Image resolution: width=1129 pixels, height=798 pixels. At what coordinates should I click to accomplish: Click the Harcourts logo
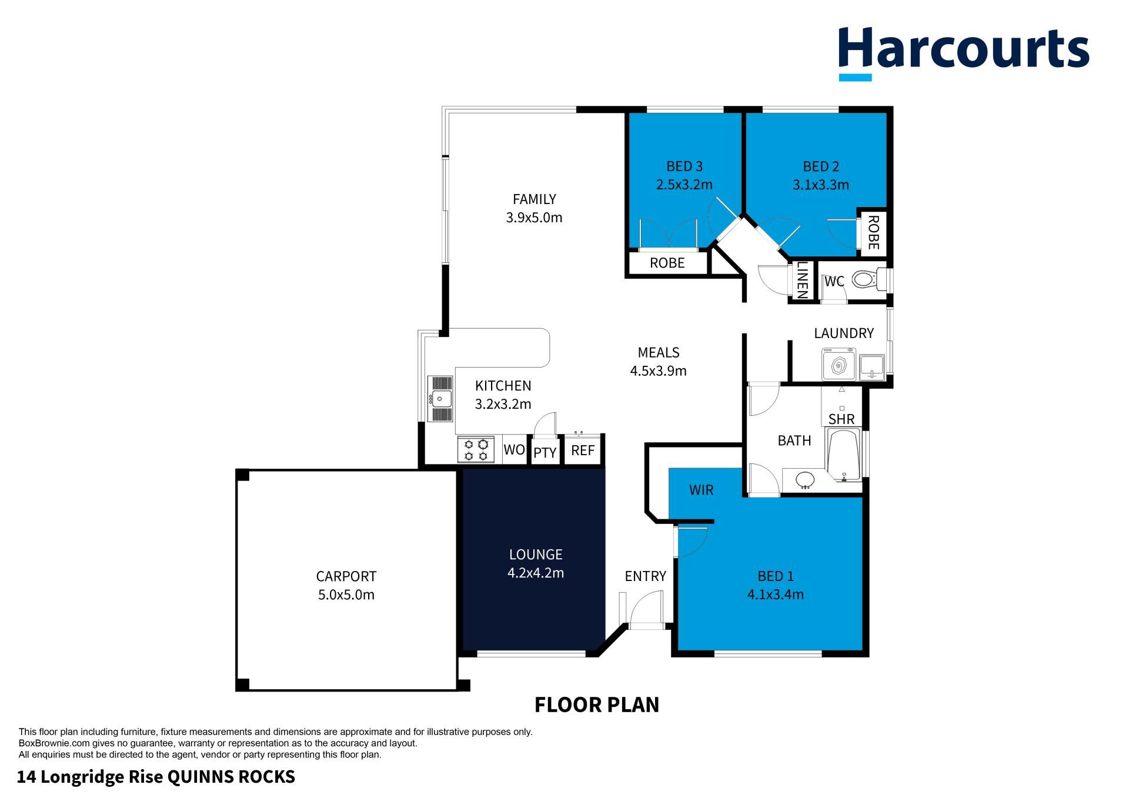pyautogui.click(x=964, y=52)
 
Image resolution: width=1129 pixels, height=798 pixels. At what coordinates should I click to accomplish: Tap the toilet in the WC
pyautogui.click(x=869, y=279)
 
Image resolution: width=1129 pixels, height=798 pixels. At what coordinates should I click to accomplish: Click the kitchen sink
pyautogui.click(x=441, y=399)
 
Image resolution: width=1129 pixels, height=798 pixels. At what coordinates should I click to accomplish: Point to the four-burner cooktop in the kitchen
pyautogui.click(x=476, y=450)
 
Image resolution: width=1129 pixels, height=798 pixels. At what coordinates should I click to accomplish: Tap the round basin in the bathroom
pyautogui.click(x=806, y=480)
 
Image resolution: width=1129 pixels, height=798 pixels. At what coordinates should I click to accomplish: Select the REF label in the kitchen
pyautogui.click(x=583, y=450)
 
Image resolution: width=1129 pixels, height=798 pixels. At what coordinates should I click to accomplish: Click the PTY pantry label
pyautogui.click(x=545, y=453)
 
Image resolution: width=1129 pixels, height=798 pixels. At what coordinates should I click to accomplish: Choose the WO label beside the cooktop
pyautogui.click(x=515, y=450)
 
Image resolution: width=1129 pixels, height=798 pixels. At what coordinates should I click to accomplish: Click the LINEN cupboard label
pyautogui.click(x=802, y=280)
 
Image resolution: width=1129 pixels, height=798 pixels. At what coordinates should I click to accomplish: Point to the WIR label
pyautogui.click(x=701, y=490)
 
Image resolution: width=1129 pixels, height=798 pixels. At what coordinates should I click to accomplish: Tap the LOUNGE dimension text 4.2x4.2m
pyautogui.click(x=536, y=573)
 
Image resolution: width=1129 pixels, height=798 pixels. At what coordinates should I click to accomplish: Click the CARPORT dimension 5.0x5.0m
pyautogui.click(x=346, y=595)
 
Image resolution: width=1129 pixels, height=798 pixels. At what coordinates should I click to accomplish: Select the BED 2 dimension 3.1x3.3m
pyautogui.click(x=821, y=185)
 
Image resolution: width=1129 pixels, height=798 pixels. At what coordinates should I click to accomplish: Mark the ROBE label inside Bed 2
pyautogui.click(x=873, y=232)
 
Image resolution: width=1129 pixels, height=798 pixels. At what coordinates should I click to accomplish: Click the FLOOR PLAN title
pyautogui.click(x=597, y=704)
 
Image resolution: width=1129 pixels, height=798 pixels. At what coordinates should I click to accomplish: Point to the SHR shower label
pyautogui.click(x=841, y=419)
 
